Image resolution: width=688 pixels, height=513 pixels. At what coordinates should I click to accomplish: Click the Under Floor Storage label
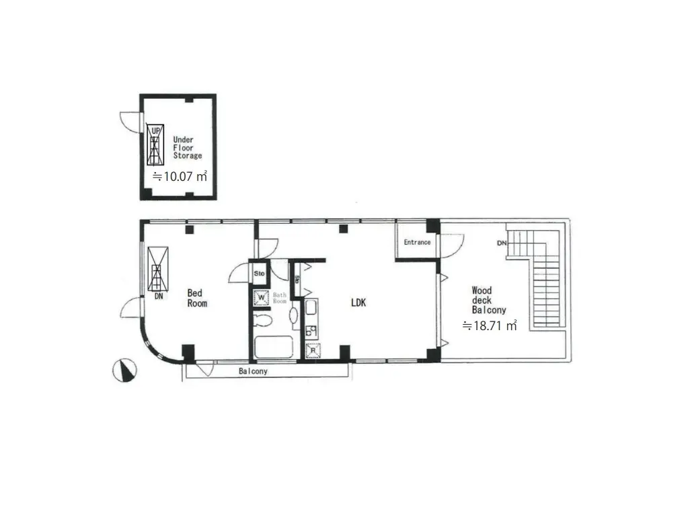188,147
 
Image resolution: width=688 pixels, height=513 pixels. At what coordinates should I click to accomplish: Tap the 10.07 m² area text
180,176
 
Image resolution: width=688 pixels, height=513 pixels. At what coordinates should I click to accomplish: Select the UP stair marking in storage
156,131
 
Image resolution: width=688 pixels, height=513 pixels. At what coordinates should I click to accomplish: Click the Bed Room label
197,298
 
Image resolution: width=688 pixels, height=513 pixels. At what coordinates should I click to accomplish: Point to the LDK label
358,303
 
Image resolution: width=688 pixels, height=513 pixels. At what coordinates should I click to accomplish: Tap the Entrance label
417,242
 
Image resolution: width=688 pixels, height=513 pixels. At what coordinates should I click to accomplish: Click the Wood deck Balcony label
489,300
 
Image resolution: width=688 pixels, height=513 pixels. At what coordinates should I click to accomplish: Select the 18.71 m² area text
489,325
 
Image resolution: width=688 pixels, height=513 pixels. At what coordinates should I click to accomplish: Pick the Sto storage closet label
260,274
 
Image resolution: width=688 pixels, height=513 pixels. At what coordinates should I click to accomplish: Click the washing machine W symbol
262,298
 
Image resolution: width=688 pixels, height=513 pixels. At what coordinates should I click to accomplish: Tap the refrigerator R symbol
313,350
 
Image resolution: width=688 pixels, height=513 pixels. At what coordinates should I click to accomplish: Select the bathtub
274,347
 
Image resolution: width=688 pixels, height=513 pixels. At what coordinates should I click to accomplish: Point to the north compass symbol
124,370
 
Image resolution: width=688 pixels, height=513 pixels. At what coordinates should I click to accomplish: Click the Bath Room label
280,298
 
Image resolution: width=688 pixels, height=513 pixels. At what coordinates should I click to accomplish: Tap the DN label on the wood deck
502,243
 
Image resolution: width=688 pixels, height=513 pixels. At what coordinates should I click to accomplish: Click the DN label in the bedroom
159,297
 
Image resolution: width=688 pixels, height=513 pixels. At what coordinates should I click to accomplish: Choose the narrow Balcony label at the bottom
253,371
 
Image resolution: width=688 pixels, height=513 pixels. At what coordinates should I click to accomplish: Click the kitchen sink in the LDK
311,307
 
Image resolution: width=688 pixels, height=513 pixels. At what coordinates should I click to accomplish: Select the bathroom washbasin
293,315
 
